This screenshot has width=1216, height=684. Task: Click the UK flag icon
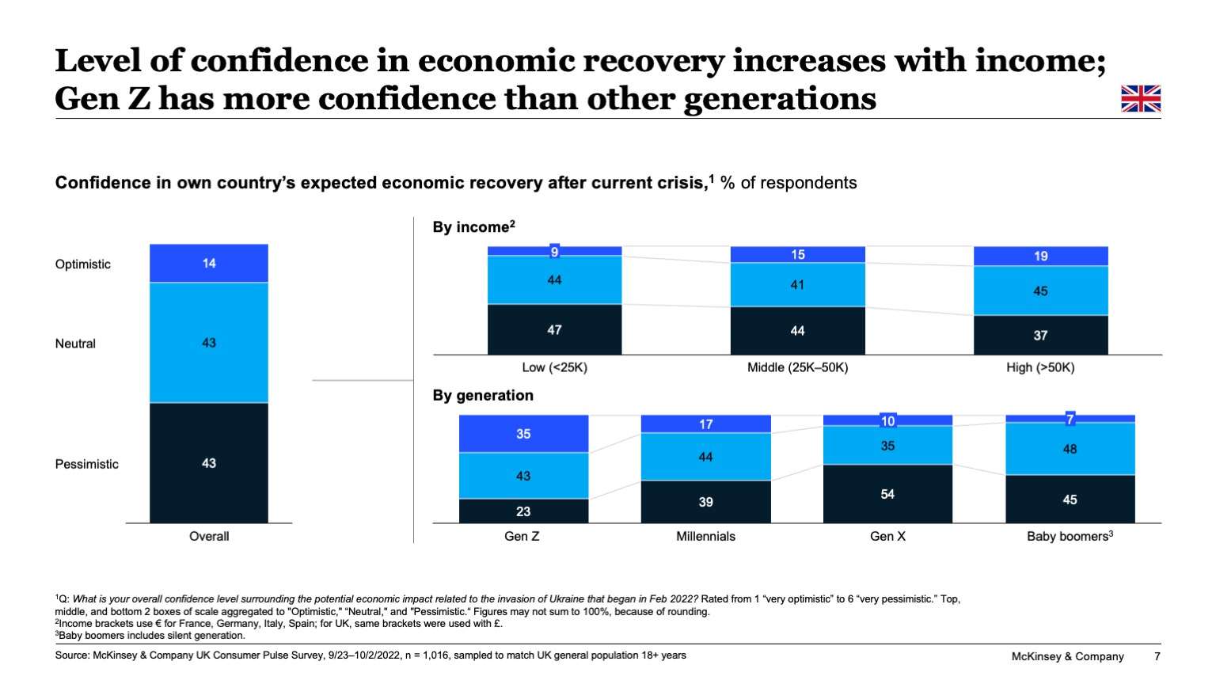pos(1140,98)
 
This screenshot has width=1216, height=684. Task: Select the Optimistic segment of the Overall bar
pos(209,263)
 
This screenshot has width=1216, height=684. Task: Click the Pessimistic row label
pos(86,464)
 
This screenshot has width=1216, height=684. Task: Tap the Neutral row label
pos(75,344)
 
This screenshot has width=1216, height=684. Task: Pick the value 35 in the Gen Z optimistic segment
pos(523,434)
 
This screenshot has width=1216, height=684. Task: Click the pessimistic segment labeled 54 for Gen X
pos(887,494)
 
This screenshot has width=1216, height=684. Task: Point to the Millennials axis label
pos(705,536)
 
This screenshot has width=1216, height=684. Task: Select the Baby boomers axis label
pos(1070,536)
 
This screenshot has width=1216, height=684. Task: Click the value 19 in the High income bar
pos(1040,256)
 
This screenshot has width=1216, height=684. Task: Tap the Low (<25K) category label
pos(554,367)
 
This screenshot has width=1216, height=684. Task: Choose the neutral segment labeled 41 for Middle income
pos(797,284)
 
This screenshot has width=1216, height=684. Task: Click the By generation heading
pos(483,395)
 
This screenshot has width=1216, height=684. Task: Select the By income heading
pos(473,227)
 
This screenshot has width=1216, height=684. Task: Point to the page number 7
pos(1157,656)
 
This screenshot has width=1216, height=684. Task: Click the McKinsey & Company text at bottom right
pos(1067,656)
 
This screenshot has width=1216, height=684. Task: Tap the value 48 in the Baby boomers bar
pos(1070,449)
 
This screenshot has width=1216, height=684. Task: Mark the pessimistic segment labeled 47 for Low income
pos(554,329)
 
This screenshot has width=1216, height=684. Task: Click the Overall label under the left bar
pos(209,536)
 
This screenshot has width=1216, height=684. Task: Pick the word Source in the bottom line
pos(71,655)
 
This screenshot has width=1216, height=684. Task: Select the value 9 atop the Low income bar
pos(554,252)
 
